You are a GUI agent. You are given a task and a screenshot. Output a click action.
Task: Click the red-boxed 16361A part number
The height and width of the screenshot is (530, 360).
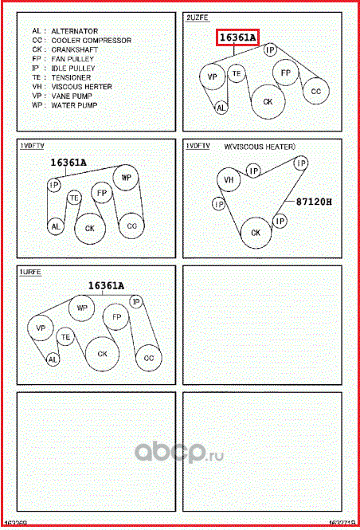238,37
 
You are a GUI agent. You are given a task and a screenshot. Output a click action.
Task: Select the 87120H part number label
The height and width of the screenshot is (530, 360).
314,202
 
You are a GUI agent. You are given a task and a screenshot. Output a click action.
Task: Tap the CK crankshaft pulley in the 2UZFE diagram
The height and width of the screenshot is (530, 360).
268,101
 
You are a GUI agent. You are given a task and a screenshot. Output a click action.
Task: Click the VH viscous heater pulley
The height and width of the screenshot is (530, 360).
229,179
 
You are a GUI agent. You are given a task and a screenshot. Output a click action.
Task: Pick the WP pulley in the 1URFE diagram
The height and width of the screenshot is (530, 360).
82,308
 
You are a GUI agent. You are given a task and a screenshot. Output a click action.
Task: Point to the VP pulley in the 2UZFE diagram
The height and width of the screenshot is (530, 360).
212,77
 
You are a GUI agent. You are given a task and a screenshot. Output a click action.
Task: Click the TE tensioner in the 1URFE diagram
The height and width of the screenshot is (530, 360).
65,337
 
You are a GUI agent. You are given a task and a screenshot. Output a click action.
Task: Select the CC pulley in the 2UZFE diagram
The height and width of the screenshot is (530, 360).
315,91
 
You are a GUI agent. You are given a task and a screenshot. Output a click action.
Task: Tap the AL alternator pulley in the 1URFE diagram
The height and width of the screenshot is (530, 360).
53,359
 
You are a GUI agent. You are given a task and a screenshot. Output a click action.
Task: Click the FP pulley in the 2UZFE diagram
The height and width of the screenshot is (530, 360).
286,73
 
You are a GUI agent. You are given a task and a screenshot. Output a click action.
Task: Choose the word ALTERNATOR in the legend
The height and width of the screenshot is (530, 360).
75,31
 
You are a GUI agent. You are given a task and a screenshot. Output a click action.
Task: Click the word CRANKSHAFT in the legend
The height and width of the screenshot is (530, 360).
75,49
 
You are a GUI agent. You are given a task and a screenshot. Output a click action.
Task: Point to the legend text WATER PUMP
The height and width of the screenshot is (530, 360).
74,105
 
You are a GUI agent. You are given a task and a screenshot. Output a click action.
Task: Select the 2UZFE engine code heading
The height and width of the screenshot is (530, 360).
198,18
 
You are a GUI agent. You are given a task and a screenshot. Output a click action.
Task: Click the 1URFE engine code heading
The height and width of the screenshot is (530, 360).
31,272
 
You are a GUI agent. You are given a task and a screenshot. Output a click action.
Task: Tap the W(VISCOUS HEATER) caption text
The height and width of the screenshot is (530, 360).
260,147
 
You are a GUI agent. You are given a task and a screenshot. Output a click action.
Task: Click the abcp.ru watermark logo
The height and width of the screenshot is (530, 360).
179,452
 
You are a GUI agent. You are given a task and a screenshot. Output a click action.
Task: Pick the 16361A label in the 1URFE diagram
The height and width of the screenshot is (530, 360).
106,286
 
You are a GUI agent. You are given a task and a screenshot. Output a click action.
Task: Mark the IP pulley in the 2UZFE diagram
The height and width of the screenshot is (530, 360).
270,50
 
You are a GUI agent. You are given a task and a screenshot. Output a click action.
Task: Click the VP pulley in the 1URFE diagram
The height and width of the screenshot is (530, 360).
41,328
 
